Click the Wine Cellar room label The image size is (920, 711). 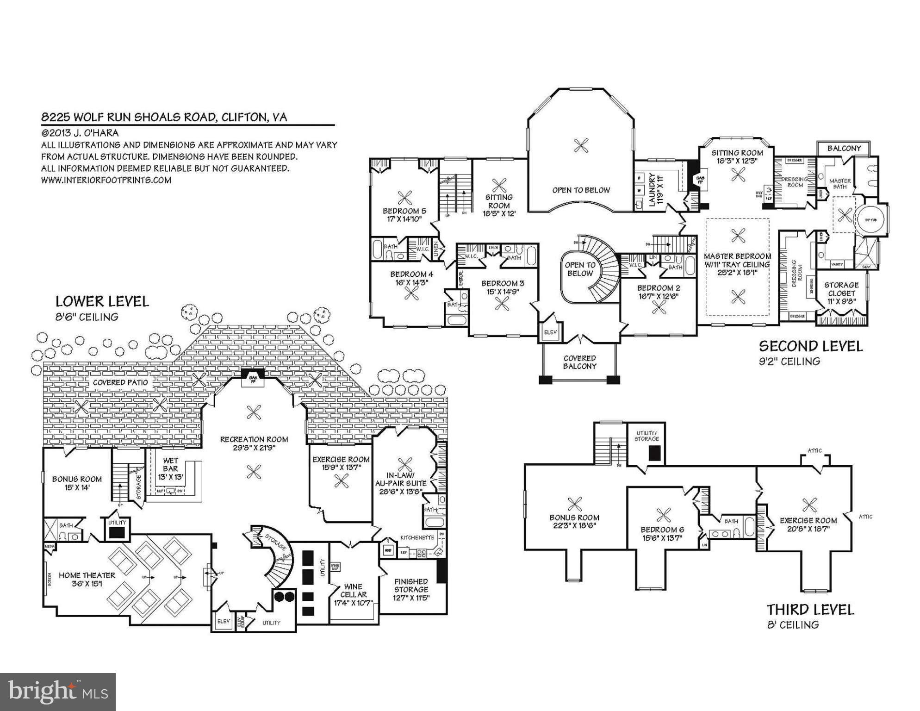point(354,594)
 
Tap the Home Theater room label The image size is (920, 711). point(87,580)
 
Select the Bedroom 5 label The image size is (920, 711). point(404,215)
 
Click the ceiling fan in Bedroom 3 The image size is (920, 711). point(501,304)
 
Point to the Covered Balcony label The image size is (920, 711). point(579,362)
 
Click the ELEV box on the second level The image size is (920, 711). point(550,332)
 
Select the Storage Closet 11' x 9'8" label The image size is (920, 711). point(841,293)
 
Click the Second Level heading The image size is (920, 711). point(811,346)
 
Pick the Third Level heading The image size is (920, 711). point(810,610)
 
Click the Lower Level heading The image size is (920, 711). point(102,302)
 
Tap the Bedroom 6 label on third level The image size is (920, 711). point(662,534)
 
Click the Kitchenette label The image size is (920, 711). point(417,537)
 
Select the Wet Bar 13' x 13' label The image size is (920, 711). point(170,468)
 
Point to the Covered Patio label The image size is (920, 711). point(120,382)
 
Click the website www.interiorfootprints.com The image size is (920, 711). point(106,180)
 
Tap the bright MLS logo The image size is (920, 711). point(58,692)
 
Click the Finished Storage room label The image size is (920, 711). point(411,589)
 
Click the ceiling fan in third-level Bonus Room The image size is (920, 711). point(574,504)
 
